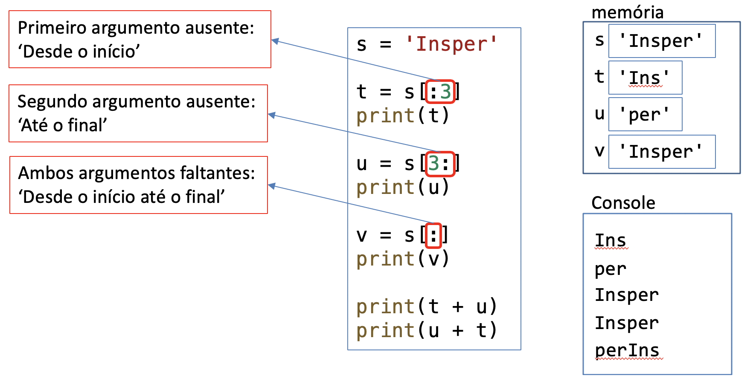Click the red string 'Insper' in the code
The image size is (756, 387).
(x=451, y=44)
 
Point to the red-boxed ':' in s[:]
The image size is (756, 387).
(x=433, y=235)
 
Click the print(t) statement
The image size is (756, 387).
(x=403, y=116)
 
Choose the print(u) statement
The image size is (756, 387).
(x=403, y=187)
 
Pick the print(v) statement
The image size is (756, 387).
(x=403, y=259)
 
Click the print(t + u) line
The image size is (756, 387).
(x=427, y=306)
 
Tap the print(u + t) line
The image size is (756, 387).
(x=427, y=330)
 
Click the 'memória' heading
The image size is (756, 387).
(x=627, y=12)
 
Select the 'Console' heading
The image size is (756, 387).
(x=623, y=203)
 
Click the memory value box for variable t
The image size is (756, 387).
(x=645, y=78)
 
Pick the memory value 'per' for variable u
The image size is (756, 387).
(x=645, y=115)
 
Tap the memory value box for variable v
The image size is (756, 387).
(x=661, y=152)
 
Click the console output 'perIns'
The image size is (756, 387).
(x=627, y=351)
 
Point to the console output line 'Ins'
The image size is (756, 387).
(x=611, y=240)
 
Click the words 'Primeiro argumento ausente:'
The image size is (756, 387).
(x=136, y=28)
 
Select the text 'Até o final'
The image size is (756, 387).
(x=62, y=125)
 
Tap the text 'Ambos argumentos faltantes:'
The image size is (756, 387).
(x=136, y=173)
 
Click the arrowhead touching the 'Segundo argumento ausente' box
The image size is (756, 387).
(x=271, y=115)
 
